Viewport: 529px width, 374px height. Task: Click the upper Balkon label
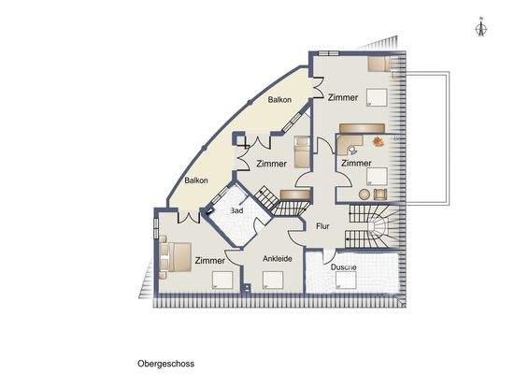tap(279, 99)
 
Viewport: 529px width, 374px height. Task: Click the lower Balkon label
tap(195, 180)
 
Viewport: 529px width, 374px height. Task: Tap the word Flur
tap(323, 225)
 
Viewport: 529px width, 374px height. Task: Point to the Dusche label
tap(344, 267)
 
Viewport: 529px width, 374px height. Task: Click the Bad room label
tap(237, 211)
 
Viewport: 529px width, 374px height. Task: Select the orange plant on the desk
tap(378, 141)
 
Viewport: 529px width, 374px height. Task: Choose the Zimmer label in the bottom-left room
tap(209, 260)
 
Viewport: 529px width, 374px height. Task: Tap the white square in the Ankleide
tap(274, 278)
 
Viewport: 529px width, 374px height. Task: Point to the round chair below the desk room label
tap(379, 194)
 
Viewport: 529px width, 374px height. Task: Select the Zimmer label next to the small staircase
tap(271, 163)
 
